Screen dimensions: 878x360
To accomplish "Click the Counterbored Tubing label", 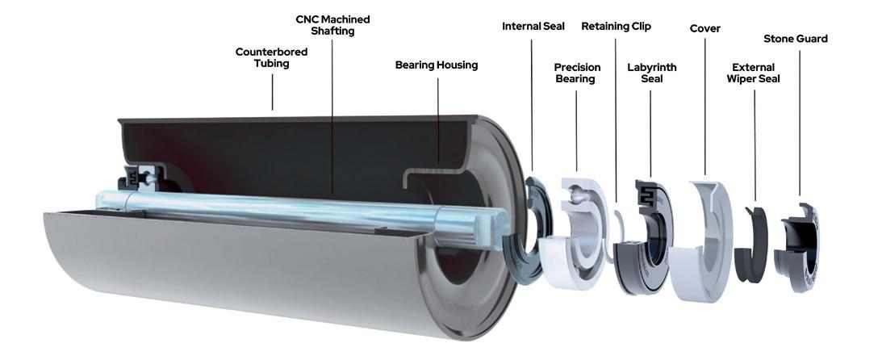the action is pos(272,57).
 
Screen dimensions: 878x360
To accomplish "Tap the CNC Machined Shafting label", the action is pos(332,25).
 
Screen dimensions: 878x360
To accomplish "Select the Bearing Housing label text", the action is pos(437,65).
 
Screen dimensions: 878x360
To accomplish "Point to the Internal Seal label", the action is pos(533,27).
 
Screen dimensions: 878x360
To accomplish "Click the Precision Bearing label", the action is pos(577,73).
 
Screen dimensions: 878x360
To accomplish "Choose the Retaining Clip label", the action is pos(616,27).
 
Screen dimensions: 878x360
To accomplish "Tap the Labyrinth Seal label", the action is pos(652,73).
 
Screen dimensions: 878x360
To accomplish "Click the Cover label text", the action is pos(705,28).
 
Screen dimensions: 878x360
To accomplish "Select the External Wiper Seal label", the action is pos(753,73).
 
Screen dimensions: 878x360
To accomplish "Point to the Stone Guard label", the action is pos(795,39).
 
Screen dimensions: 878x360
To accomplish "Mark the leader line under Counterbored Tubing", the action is pos(273,92).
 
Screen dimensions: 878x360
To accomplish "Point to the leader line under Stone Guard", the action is pos(799,123).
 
